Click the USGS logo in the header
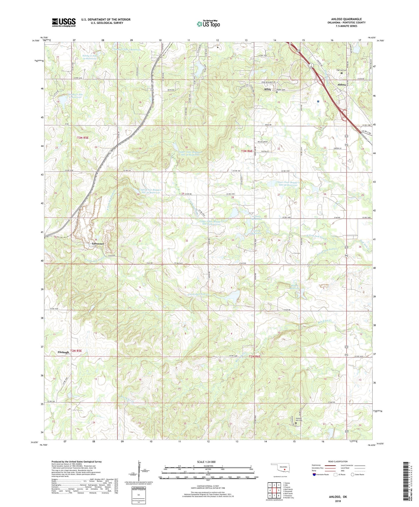point(64,22)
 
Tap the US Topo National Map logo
point(208,24)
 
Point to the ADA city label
point(267,89)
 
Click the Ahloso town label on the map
point(342,85)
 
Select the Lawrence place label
point(98,244)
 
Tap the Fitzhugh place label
point(63,352)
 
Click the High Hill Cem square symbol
point(341,73)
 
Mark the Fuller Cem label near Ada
point(281,90)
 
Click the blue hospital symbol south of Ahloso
point(318,101)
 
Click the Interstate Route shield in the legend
point(314,474)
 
